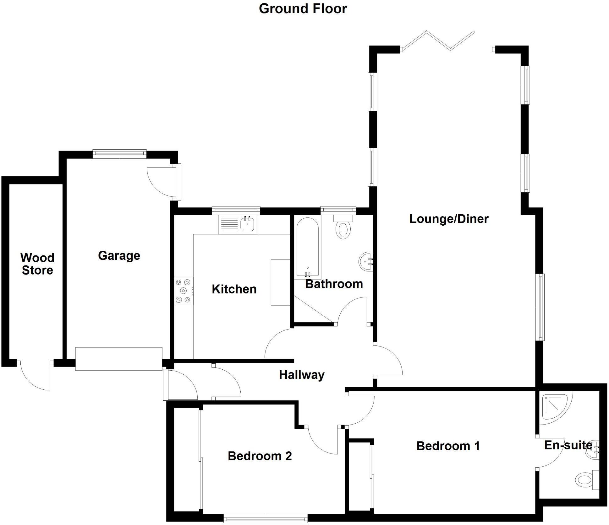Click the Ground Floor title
(303, 9)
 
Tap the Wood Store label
(37, 264)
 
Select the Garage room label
(119, 256)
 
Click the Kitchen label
(234, 289)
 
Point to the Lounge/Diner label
(449, 219)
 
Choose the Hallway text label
(302, 375)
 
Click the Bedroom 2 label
(260, 456)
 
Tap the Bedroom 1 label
(448, 446)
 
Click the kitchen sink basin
(248, 224)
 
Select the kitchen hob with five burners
(184, 291)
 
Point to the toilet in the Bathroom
(343, 229)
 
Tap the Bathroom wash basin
(366, 261)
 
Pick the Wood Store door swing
(35, 377)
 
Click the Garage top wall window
(119, 153)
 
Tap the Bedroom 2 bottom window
(266, 518)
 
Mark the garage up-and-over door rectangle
(119, 359)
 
